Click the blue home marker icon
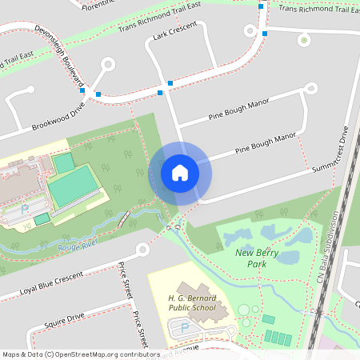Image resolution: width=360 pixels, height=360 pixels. click(x=180, y=172)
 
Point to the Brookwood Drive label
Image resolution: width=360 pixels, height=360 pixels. click(x=58, y=120)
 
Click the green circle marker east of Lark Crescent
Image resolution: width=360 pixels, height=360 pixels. click(x=303, y=39)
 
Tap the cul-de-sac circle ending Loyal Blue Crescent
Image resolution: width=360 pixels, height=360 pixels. click(x=142, y=250)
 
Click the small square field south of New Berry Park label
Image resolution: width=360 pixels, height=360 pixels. click(x=268, y=319)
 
